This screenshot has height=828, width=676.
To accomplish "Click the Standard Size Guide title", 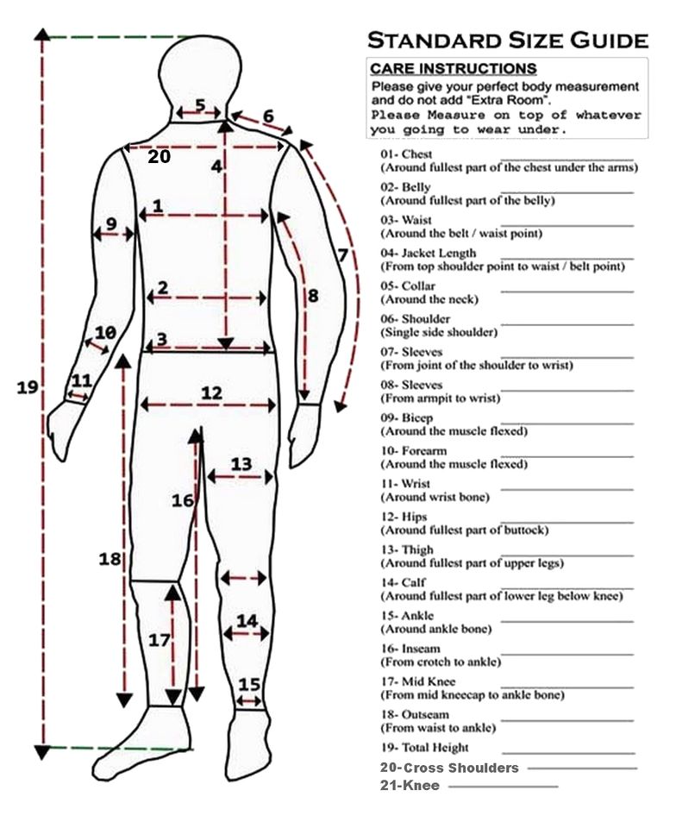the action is pyautogui.click(x=508, y=40).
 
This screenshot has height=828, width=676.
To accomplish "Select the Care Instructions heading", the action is pyautogui.click(x=453, y=69).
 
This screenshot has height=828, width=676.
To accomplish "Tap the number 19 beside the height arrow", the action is pyautogui.click(x=28, y=387).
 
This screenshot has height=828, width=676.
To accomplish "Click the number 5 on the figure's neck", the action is pyautogui.click(x=200, y=106).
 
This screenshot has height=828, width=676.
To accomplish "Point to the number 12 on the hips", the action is pyautogui.click(x=211, y=393).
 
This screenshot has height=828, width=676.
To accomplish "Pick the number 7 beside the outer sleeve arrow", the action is pyautogui.click(x=342, y=255).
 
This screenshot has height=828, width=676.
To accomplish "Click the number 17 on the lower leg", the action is pyautogui.click(x=159, y=641).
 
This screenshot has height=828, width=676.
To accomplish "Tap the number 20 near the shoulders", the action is pyautogui.click(x=159, y=156).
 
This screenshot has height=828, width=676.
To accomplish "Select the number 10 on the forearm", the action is pyautogui.click(x=105, y=333).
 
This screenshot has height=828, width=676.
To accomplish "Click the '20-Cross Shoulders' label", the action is pyautogui.click(x=449, y=768).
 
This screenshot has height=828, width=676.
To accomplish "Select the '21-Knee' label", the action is pyautogui.click(x=410, y=786).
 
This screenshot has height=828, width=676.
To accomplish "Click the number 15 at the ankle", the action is pyautogui.click(x=249, y=684).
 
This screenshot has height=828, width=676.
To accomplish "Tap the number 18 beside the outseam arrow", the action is pyautogui.click(x=110, y=559).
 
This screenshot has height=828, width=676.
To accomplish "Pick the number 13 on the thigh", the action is pyautogui.click(x=241, y=464).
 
